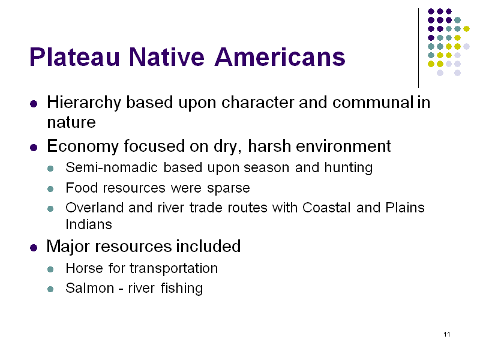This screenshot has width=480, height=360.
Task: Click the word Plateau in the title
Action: pos(74,57)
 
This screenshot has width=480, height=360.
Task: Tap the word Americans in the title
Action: pos(280,57)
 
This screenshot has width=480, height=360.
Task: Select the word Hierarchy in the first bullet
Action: pos(84,103)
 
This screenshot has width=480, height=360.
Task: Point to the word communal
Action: pos(373,102)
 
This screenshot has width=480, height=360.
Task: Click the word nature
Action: pos(71,122)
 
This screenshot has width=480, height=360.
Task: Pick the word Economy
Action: pos(83,146)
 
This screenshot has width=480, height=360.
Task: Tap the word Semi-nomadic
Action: pos(112,167)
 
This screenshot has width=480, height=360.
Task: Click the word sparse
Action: pos(229,188)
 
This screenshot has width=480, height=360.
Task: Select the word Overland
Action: pos(94,208)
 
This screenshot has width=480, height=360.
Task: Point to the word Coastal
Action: pos(326,208)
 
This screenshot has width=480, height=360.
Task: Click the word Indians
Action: pos(89,224)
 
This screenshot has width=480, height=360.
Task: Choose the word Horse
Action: pos(84,268)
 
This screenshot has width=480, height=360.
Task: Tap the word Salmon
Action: pos(89,288)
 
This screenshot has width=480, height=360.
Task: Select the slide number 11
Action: pos(447,334)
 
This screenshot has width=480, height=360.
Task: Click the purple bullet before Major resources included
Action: pos(34,247)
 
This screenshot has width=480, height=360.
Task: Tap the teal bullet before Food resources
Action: pos(50,189)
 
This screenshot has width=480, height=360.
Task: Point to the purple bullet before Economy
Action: pos(34,148)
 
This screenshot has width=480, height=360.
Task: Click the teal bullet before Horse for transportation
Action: pos(50,269)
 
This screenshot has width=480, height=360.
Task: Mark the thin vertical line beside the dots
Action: pos(418,48)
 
